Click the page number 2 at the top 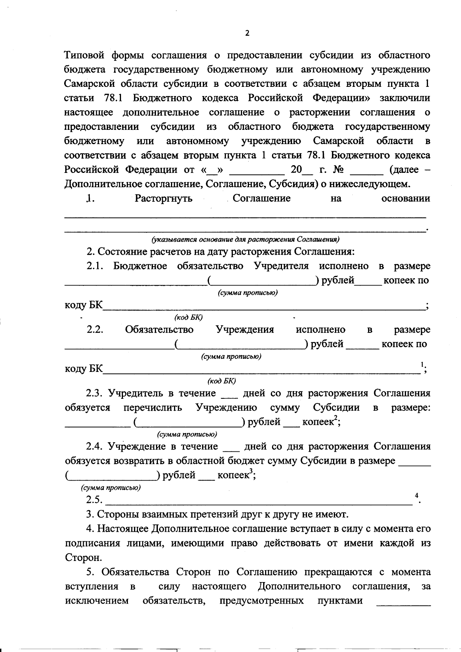coord(247,33)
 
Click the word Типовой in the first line coord(84,55)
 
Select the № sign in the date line coord(338,170)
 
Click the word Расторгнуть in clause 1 coord(163,199)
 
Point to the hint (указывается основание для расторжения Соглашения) coord(246,239)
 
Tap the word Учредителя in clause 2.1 coord(281,266)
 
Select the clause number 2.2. coord(95,330)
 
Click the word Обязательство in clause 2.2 coord(159,330)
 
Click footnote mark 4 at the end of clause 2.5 coord(416,496)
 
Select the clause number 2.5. coord(95,500)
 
